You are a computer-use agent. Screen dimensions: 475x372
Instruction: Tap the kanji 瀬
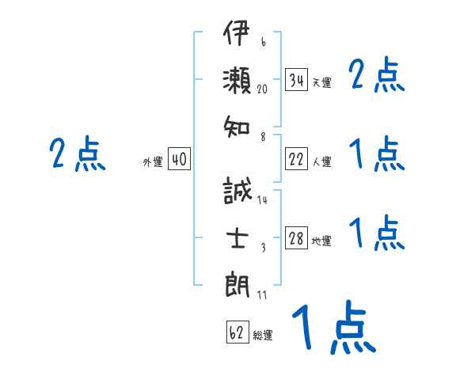(x=237, y=81)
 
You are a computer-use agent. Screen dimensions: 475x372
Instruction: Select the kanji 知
(x=237, y=124)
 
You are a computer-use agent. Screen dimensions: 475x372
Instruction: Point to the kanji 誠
(x=237, y=192)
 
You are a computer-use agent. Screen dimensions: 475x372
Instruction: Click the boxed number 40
(x=179, y=159)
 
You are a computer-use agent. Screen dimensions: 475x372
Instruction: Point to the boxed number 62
(x=237, y=332)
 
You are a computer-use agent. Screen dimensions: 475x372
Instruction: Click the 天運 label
(x=321, y=82)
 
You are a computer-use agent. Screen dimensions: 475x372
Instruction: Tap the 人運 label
(x=321, y=161)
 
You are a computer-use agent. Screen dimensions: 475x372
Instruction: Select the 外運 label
(x=153, y=161)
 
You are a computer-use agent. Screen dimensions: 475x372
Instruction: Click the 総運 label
(x=263, y=335)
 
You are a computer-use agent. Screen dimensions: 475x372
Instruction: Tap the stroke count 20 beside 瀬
(x=263, y=89)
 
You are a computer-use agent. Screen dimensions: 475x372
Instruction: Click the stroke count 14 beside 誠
(x=262, y=200)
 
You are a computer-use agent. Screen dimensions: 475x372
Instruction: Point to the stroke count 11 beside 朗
(x=262, y=295)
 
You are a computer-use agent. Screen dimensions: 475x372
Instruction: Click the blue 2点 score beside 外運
(x=77, y=154)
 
